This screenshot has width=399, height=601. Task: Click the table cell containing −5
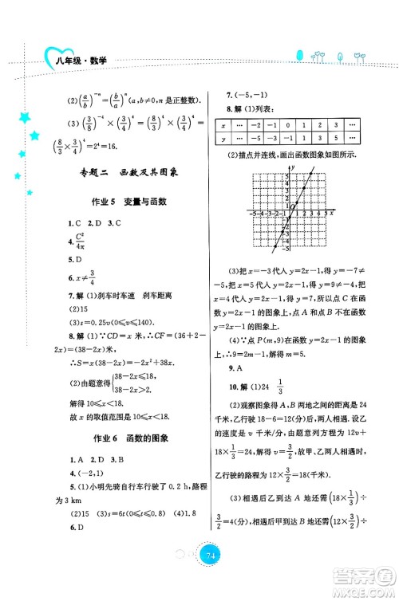pyautogui.click(x=256, y=139)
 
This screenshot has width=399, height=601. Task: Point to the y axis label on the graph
pyautogui.click(x=294, y=166)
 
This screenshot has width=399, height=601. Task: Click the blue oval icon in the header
pyautogui.click(x=301, y=58)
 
